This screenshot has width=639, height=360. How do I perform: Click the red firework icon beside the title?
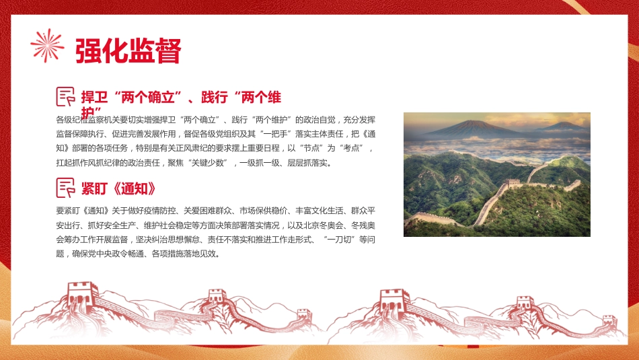tap(47, 46)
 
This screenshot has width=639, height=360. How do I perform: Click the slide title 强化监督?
tap(128, 50)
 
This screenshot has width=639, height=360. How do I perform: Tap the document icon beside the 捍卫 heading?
tap(65, 97)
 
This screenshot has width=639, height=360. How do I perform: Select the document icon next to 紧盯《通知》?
tap(65, 187)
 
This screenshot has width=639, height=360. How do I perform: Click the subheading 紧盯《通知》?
tap(119, 188)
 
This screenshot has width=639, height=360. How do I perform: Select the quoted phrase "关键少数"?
tap(209, 163)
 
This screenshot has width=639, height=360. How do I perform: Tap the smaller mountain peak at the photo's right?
tap(561, 126)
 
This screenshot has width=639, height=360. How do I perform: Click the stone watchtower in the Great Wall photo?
tap(513, 183)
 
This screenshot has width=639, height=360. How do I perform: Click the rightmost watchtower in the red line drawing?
tap(609, 320)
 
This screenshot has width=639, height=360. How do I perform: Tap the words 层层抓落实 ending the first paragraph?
tap(309, 163)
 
